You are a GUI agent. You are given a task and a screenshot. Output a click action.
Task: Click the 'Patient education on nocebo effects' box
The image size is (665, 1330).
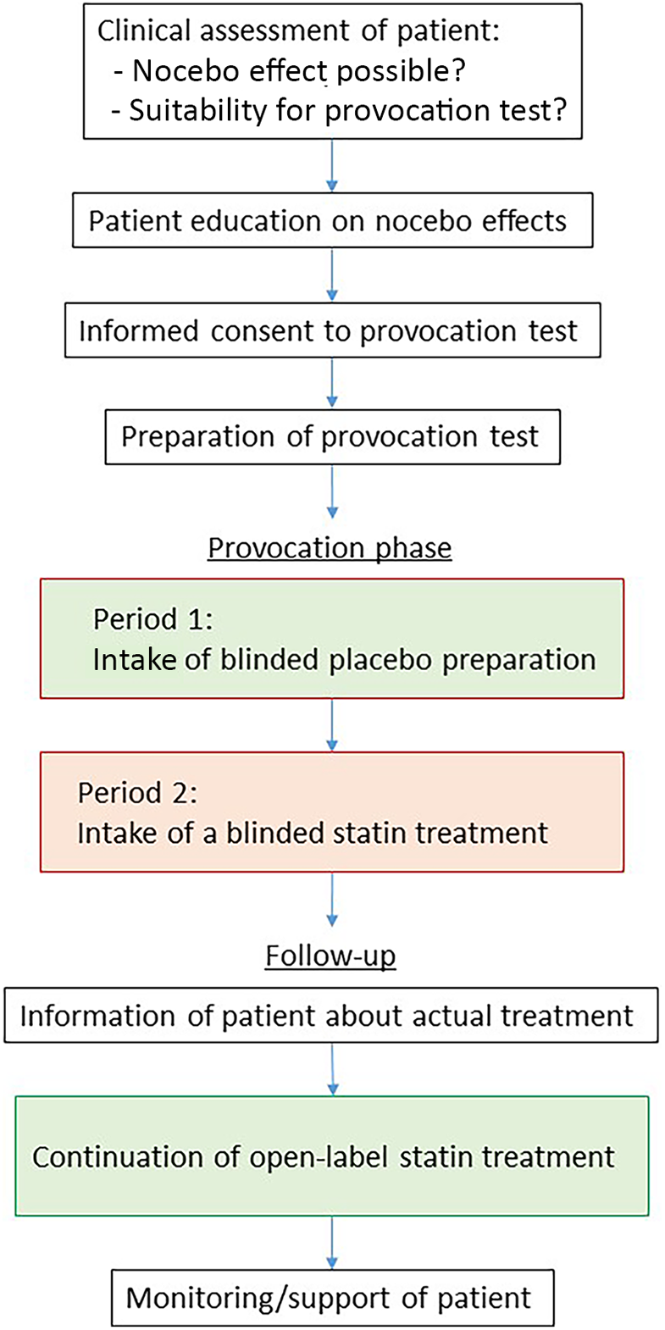coord(332,222)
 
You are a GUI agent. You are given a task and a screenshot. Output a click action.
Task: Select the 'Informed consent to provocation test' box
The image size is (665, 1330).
coord(332,331)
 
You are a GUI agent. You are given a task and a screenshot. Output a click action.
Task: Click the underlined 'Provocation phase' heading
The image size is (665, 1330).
coord(330,548)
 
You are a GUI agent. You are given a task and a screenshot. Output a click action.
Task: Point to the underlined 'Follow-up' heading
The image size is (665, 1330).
coord(330,956)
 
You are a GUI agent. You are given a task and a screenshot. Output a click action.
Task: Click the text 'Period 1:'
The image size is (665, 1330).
coord(153,619)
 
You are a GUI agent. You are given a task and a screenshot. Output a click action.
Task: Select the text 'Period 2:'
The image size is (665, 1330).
coord(137,793)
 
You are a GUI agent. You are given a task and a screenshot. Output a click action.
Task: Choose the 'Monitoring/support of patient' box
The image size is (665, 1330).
coord(332,1298)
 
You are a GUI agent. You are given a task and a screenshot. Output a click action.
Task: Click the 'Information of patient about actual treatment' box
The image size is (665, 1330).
coord(330,1015)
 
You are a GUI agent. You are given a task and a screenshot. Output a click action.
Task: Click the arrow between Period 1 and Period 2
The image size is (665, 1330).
coord(332,725)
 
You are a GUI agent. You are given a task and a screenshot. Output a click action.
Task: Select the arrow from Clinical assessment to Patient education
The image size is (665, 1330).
coord(332,165)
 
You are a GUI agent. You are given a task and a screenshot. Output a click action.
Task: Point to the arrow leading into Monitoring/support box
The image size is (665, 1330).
coord(332,1242)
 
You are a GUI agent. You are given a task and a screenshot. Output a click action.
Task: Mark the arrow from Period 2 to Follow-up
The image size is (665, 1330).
coord(332,900)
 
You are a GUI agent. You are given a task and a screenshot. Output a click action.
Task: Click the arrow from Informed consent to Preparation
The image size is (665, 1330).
coord(332,384)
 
